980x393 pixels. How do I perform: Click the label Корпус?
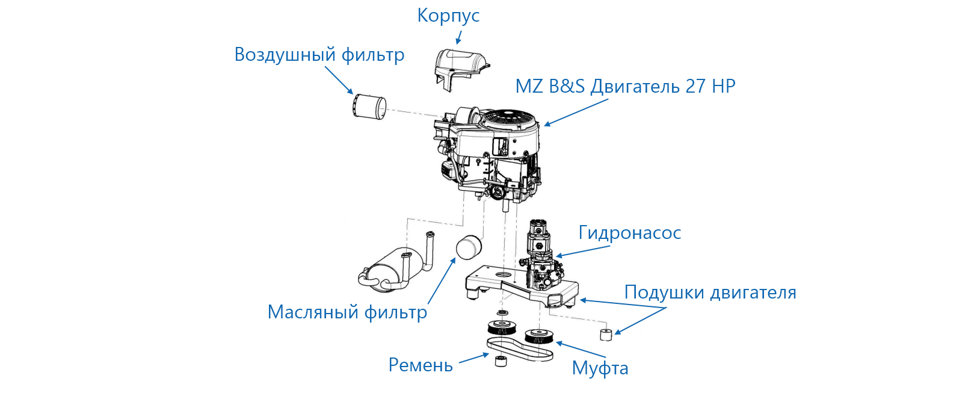click(448, 16)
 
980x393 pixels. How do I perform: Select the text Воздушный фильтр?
click(319, 55)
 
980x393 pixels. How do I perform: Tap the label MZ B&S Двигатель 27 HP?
click(625, 87)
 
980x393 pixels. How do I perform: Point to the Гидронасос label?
click(629, 233)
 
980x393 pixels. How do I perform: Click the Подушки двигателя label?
click(710, 292)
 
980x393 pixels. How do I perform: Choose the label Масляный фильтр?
click(347, 312)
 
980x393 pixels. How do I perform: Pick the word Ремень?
click(421, 365)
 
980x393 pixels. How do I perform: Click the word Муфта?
click(600, 368)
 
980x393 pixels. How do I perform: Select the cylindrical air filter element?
click(368, 107)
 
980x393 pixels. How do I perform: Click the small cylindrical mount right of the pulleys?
click(606, 334)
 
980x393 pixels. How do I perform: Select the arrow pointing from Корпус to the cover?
click(459, 38)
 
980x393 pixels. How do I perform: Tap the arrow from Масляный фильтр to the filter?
click(441, 281)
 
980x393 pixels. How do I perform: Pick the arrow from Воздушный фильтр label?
click(339, 80)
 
